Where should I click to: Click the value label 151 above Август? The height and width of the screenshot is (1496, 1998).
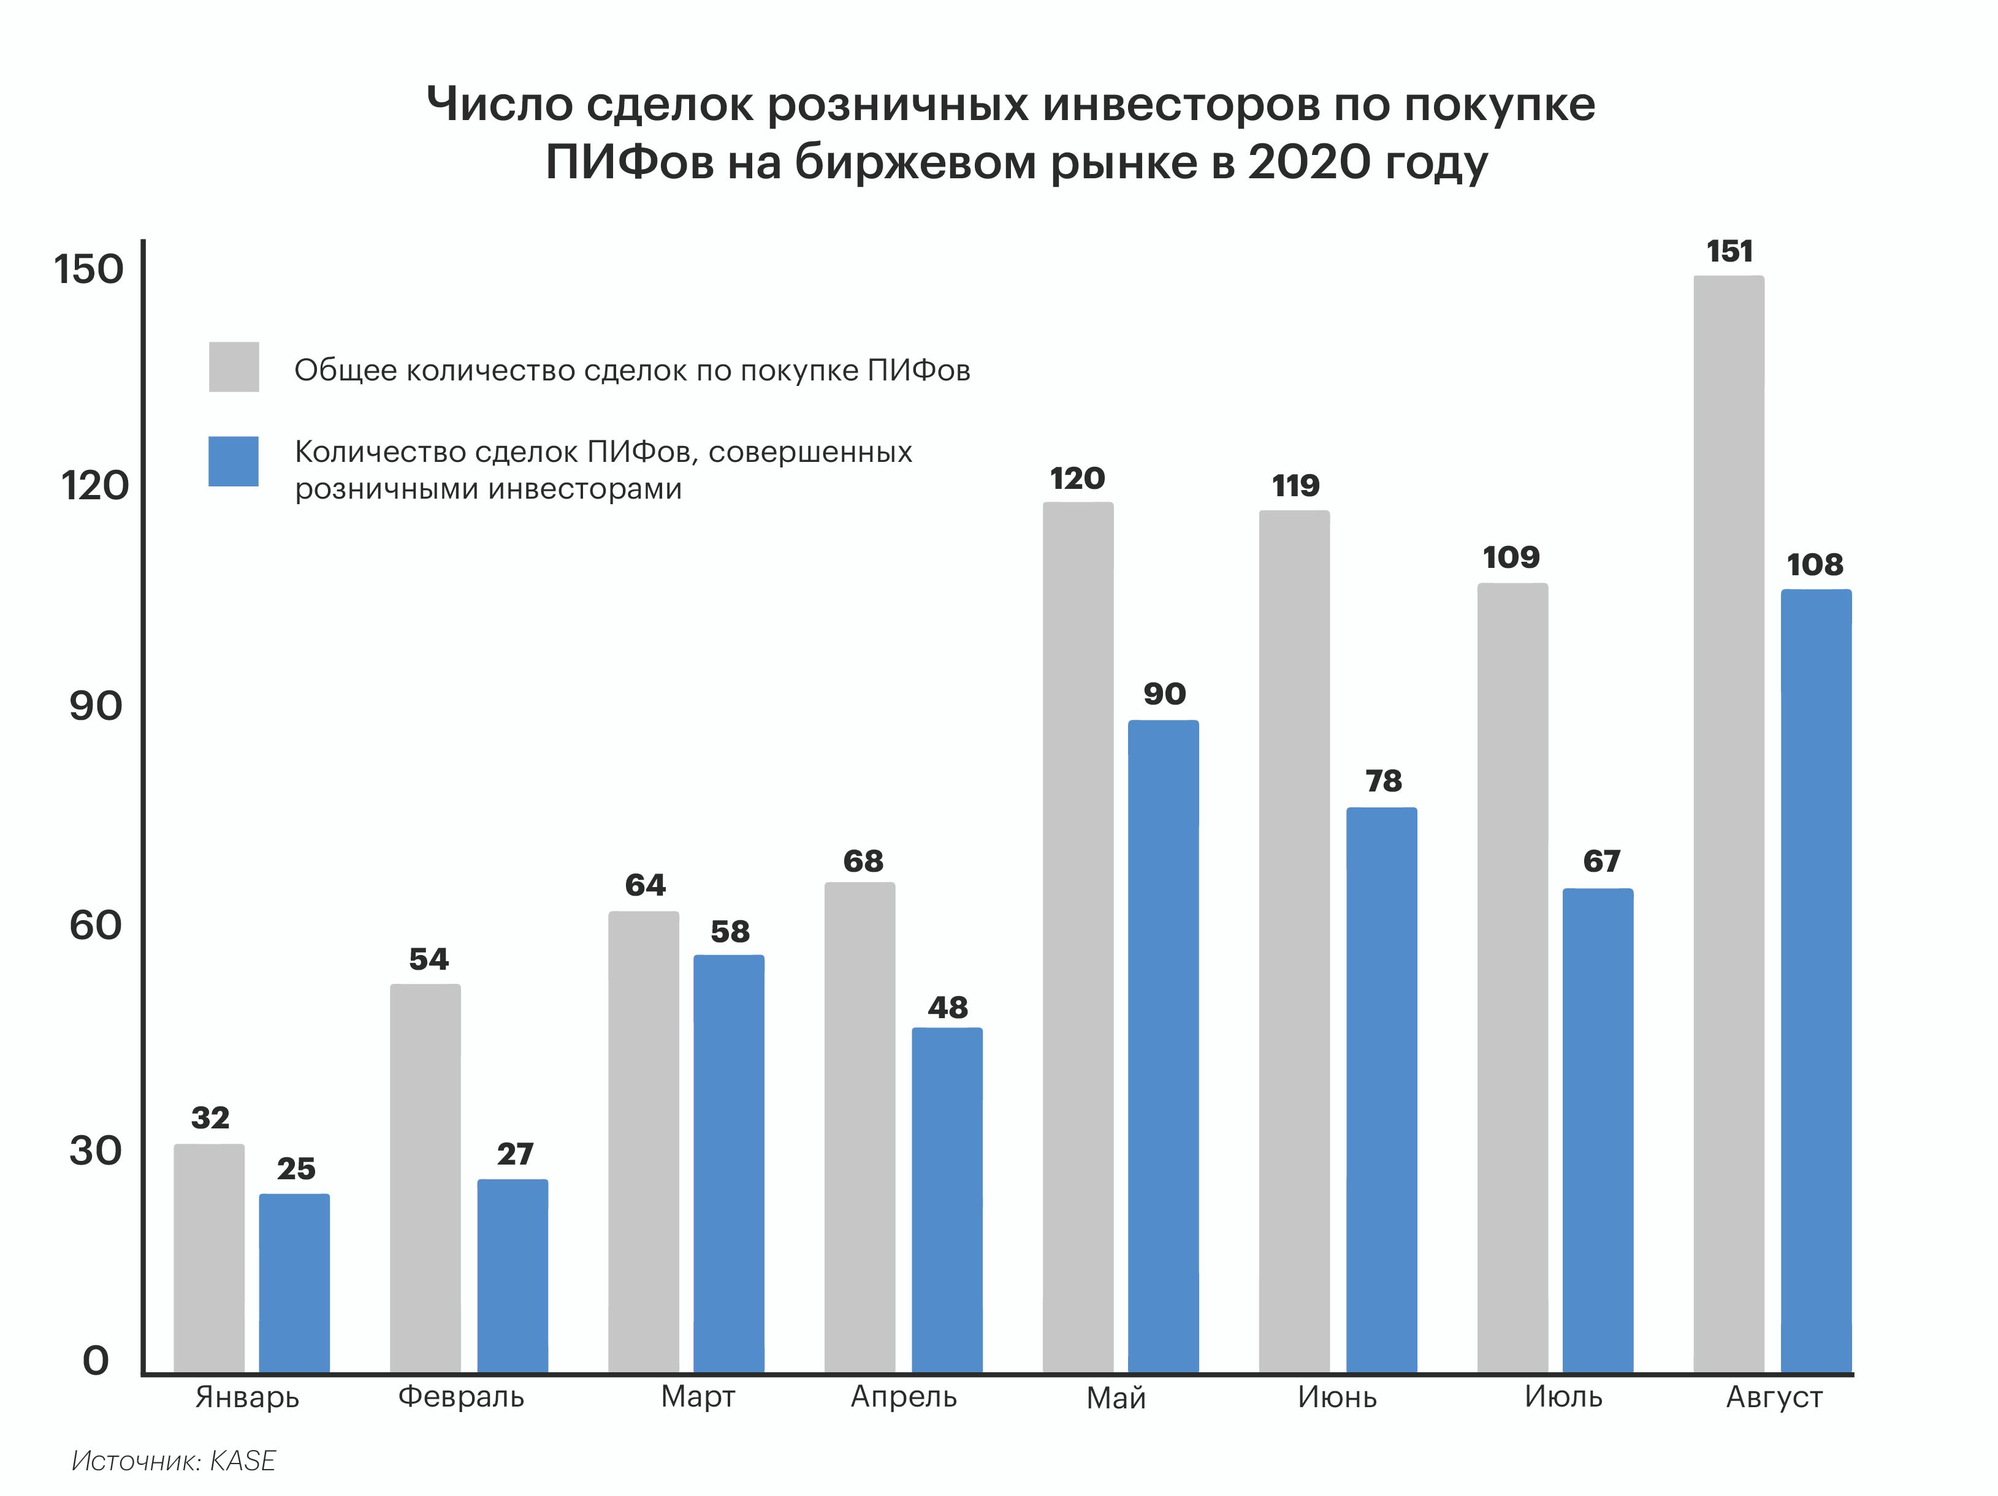tap(1729, 251)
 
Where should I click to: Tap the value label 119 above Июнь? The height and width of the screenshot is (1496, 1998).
tap(1295, 486)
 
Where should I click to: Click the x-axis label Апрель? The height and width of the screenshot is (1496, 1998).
tap(903, 1397)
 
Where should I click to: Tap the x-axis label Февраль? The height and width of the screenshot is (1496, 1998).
tap(460, 1397)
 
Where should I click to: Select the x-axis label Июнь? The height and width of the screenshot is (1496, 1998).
tap(1337, 1397)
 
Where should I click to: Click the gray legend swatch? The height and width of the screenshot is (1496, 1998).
tap(234, 366)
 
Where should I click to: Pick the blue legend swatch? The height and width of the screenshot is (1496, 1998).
tap(234, 461)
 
